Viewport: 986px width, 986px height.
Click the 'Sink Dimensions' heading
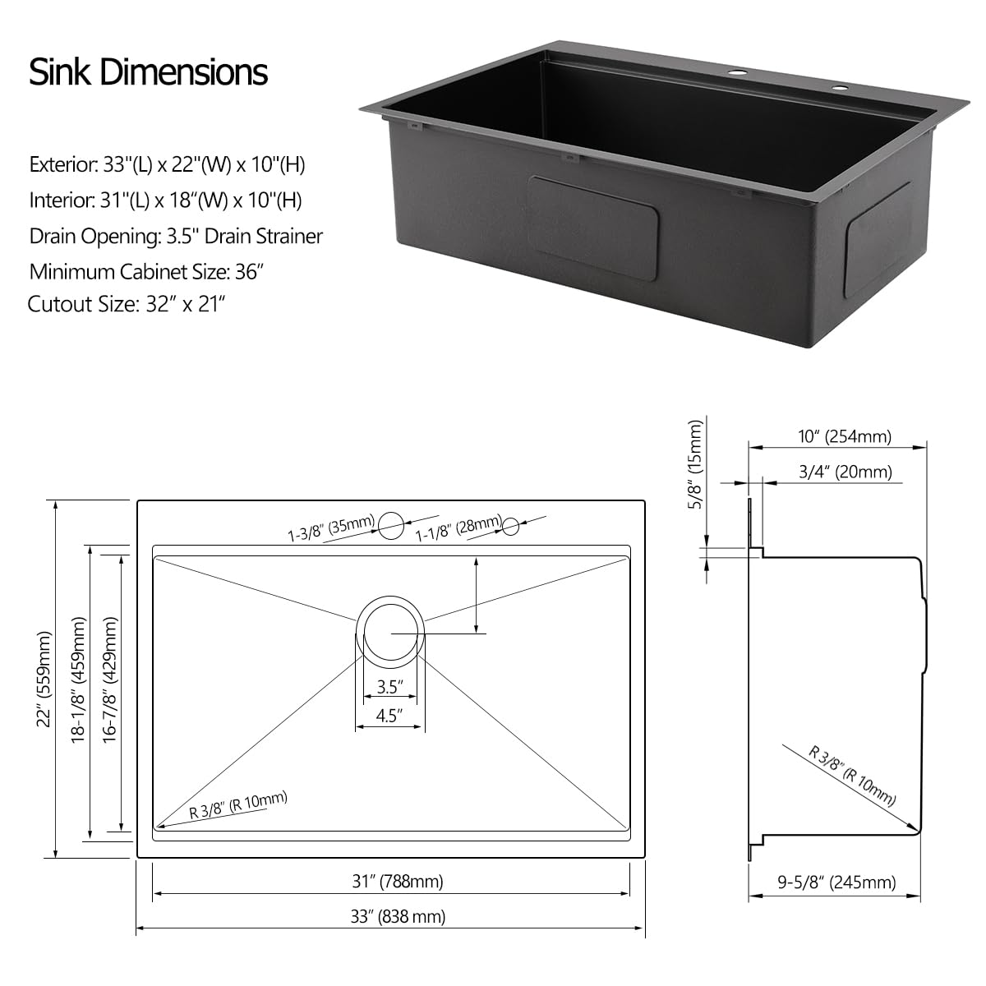coord(149,71)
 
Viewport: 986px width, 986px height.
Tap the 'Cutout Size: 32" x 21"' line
coord(127,304)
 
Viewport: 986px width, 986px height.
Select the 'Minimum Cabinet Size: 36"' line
coord(146,271)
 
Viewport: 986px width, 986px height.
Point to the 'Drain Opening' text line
coord(176,237)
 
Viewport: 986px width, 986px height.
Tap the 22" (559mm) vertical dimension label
coord(45,679)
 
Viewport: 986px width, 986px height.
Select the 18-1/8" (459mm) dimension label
coord(79,681)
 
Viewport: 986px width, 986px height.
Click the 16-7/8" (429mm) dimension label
coord(109,681)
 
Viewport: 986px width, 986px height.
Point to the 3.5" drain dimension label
coord(389,687)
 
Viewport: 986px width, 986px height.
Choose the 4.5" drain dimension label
coord(389,715)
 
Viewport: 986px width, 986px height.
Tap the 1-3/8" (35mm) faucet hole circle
coord(391,522)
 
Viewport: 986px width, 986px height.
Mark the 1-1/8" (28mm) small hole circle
coord(512,524)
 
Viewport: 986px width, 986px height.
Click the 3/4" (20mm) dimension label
coord(845,472)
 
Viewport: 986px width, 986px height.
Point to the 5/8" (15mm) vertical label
coord(695,464)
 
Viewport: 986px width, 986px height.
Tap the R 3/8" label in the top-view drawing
coord(238,805)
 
